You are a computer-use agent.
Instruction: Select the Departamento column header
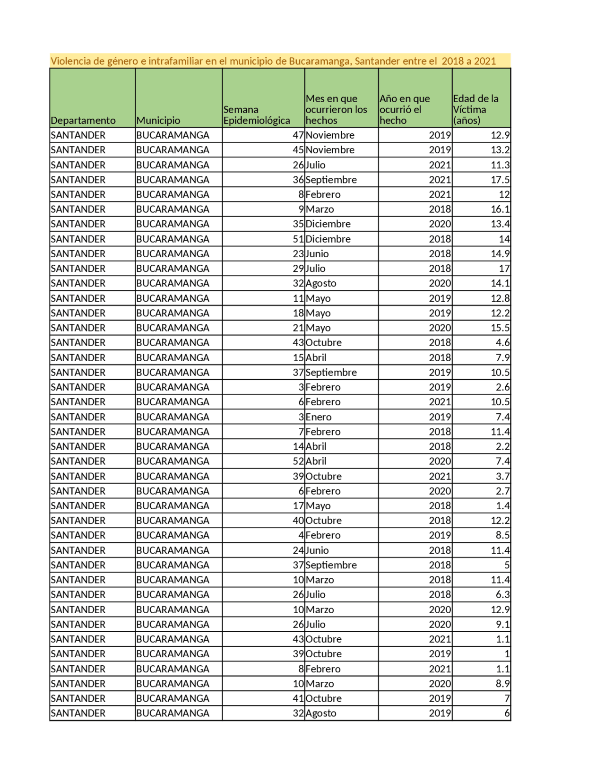pyautogui.click(x=83, y=120)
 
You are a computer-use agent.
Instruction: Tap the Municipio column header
pyautogui.click(x=158, y=120)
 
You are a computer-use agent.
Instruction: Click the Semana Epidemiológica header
pyautogui.click(x=257, y=115)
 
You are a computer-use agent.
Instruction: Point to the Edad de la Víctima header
pyautogui.click(x=475, y=109)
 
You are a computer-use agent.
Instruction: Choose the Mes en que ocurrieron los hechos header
pyautogui.click(x=336, y=109)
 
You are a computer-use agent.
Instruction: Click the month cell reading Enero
pyautogui.click(x=319, y=417)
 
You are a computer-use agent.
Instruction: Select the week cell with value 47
pyautogui.click(x=298, y=135)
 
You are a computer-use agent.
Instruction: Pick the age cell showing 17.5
pyautogui.click(x=500, y=180)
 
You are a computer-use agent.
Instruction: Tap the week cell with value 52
pyautogui.click(x=298, y=461)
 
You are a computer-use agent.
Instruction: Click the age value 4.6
pyautogui.click(x=502, y=342)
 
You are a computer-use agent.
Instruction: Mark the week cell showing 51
pyautogui.click(x=298, y=239)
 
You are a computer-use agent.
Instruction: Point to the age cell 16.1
pyautogui.click(x=500, y=209)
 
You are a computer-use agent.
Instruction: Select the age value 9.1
pyautogui.click(x=502, y=624)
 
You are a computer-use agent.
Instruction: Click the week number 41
pyautogui.click(x=298, y=698)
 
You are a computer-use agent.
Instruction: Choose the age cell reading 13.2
pyautogui.click(x=500, y=150)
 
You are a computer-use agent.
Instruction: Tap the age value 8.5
pyautogui.click(x=502, y=535)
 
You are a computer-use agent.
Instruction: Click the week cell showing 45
pyautogui.click(x=298, y=150)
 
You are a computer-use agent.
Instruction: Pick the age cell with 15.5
pyautogui.click(x=500, y=328)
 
